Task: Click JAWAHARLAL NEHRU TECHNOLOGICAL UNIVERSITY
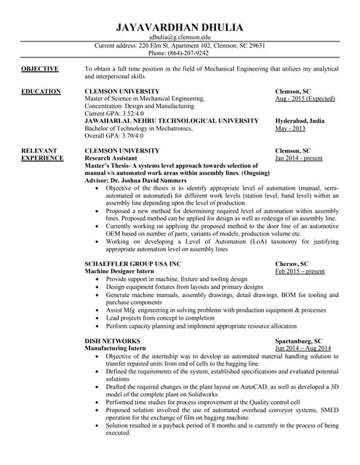coord(171,121)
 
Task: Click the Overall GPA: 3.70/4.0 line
coord(114,135)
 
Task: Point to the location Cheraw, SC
coord(292,264)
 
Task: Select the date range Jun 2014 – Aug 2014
coord(303,348)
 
